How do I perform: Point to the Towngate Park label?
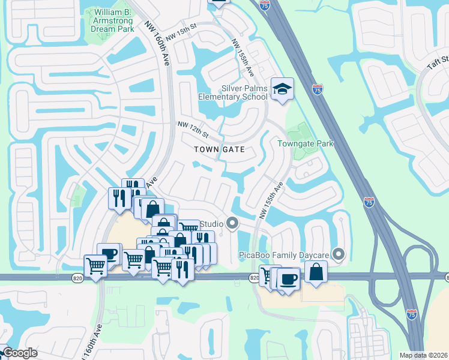[x=305, y=143]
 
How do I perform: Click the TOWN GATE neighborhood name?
[x=220, y=149]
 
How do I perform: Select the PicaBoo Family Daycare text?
[x=286, y=255]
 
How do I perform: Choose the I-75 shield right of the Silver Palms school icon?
[x=318, y=90]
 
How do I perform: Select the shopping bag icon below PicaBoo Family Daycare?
[x=316, y=272]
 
